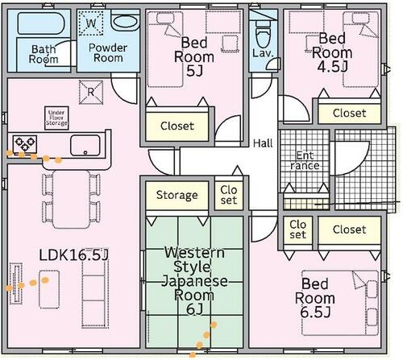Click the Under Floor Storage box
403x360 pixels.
coord(56,118)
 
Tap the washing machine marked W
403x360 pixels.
coord(91,23)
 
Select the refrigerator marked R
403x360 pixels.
coord(91,92)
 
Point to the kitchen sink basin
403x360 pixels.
coord(85,145)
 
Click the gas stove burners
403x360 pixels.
coord(25,144)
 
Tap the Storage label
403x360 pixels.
coord(177,195)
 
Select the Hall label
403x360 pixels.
coord(263,143)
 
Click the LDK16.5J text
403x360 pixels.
coord(73,255)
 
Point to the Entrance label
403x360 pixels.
coord(305,160)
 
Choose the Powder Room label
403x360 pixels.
coord(108,52)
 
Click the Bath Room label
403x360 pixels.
coord(44,54)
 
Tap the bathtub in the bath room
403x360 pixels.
coord(41,23)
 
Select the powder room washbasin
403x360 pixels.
coord(125,22)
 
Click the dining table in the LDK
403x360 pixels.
coord(71,199)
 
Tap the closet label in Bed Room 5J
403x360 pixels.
coord(177,126)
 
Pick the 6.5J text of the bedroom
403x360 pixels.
coord(315,312)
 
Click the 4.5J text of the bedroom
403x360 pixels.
coord(332,66)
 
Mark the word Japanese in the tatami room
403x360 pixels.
coord(195,281)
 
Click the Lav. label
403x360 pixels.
coord(263,53)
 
